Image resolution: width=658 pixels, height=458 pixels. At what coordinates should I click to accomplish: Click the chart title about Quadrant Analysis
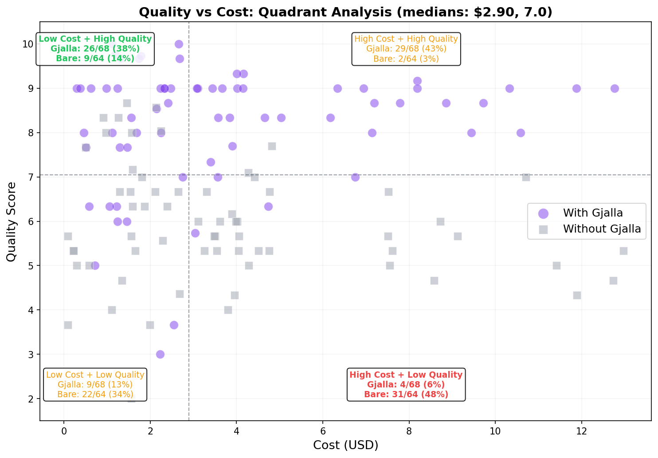tap(345, 12)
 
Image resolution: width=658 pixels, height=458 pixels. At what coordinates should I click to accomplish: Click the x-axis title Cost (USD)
tap(345, 445)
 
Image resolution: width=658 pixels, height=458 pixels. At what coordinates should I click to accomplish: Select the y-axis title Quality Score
tap(12, 221)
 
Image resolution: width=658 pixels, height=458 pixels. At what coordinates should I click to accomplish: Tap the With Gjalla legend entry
tap(592, 213)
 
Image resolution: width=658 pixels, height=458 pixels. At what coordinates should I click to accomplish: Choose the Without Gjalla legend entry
tap(601, 229)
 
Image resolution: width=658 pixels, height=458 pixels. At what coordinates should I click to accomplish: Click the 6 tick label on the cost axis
tap(323, 431)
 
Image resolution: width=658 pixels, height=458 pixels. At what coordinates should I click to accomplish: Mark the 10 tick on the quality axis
tap(28, 44)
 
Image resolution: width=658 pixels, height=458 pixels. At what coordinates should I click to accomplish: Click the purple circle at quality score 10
tap(179, 44)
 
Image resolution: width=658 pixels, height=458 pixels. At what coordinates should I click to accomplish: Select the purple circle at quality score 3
tap(160, 354)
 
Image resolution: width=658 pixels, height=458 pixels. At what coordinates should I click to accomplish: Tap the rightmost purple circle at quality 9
tap(615, 88)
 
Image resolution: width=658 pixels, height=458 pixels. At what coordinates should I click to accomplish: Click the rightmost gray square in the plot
tap(623, 251)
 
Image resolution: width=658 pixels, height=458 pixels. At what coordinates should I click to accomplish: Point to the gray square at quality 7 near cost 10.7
tap(526, 177)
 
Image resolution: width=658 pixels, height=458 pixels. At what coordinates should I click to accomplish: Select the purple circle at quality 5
tap(95, 265)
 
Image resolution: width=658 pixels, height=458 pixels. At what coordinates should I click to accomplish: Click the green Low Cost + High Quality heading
tap(95, 39)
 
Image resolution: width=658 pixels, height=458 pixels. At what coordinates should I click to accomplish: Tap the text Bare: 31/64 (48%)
tap(406, 394)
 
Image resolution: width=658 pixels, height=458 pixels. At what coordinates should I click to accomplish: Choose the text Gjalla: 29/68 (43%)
tap(406, 49)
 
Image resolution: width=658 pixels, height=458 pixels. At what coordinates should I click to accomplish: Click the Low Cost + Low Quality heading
tap(95, 375)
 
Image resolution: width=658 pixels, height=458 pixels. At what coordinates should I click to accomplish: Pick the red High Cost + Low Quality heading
tap(406, 375)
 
